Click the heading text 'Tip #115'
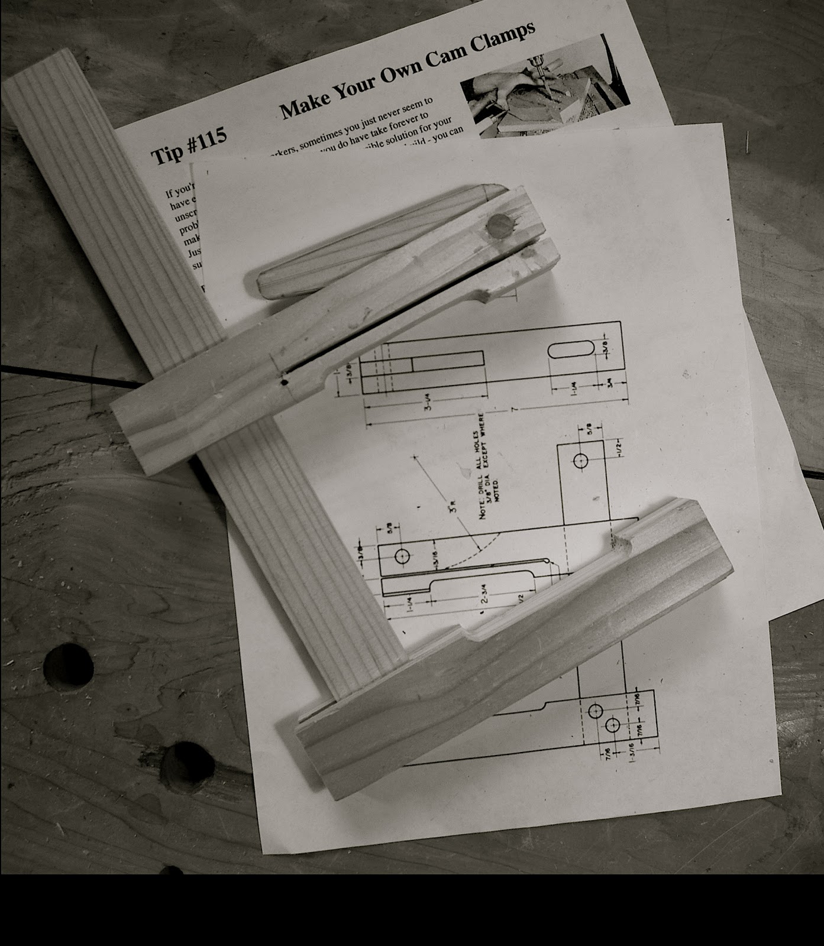[188, 146]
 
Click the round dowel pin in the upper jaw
[500, 226]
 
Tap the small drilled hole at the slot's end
[285, 382]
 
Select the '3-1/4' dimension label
[427, 404]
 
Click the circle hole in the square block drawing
[580, 461]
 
